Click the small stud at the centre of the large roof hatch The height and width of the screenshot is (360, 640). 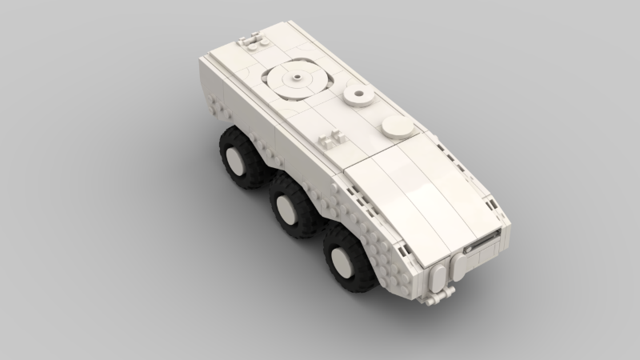coord(296,78)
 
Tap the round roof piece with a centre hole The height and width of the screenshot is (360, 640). coord(358,98)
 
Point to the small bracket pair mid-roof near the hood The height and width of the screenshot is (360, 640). coord(330,138)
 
